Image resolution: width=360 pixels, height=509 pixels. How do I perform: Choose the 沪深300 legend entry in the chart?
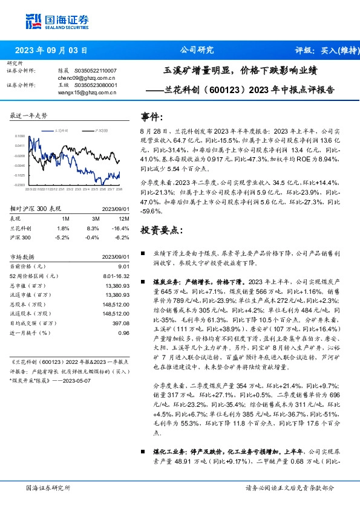(x=102, y=130)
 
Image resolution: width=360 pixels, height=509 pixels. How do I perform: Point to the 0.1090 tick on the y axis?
(x=21, y=137)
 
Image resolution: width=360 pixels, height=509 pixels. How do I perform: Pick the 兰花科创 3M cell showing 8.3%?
(x=92, y=227)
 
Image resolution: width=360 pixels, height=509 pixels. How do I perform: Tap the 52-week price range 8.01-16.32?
(x=115, y=275)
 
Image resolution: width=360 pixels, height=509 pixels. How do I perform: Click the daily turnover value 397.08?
(x=120, y=323)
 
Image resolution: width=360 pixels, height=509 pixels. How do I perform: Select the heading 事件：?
(x=152, y=117)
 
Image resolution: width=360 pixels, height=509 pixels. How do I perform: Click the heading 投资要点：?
(x=160, y=230)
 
